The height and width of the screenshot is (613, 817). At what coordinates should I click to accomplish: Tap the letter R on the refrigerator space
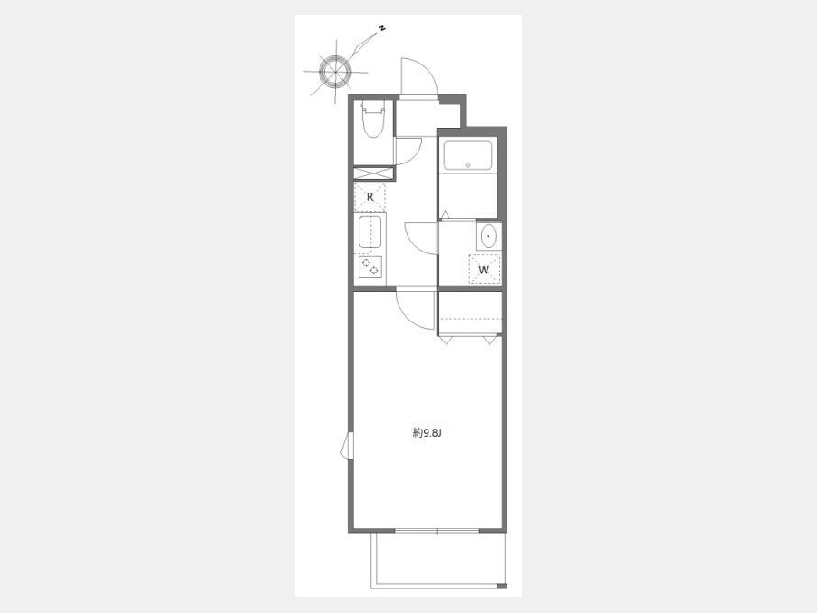click(370, 197)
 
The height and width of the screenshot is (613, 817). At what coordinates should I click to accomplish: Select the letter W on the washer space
click(484, 270)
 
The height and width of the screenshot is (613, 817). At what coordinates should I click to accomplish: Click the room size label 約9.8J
click(427, 432)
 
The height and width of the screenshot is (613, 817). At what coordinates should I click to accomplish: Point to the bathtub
click(468, 154)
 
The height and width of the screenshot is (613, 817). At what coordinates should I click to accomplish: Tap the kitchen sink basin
click(370, 232)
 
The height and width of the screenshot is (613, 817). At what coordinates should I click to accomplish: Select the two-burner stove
click(370, 267)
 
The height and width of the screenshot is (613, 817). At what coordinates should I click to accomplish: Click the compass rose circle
click(335, 72)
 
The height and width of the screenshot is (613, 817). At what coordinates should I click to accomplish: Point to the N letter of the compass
click(382, 29)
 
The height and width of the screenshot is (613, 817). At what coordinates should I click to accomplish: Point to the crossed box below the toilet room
click(374, 173)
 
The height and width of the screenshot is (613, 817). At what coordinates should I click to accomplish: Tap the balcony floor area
click(438, 559)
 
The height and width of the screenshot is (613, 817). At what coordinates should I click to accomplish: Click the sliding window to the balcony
click(437, 530)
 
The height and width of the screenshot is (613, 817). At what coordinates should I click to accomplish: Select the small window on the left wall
click(348, 446)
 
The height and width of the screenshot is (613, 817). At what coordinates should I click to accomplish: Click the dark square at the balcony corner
click(502, 587)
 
